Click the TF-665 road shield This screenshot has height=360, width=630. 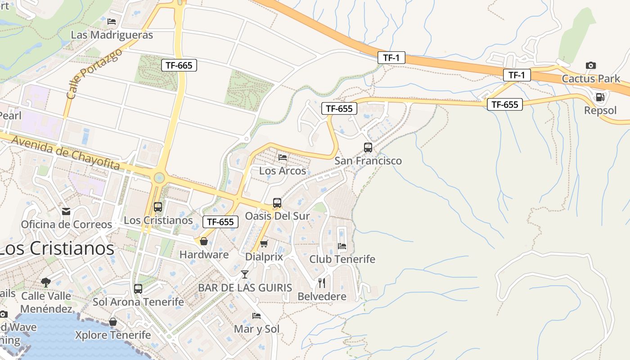(179, 65)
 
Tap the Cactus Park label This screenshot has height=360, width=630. (591, 79)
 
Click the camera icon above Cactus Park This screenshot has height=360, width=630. (591, 66)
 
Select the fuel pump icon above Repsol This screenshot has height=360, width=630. (600, 97)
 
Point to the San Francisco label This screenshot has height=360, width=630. (368, 161)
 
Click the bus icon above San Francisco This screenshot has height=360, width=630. (368, 148)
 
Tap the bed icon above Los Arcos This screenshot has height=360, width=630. (283, 157)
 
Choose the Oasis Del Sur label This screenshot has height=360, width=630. (277, 216)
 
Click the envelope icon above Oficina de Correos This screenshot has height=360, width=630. (66, 211)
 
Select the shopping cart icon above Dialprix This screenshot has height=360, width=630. (264, 244)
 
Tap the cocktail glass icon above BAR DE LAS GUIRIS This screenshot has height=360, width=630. (245, 274)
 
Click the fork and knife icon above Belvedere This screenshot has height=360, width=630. (322, 283)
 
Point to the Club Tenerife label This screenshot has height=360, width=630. (342, 259)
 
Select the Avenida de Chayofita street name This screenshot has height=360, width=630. (66, 153)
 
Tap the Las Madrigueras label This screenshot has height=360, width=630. (112, 35)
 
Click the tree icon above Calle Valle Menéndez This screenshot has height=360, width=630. (45, 283)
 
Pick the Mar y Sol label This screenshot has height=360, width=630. (256, 329)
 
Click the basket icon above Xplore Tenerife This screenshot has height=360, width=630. (112, 322)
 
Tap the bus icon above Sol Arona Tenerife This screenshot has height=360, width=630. (138, 289)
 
